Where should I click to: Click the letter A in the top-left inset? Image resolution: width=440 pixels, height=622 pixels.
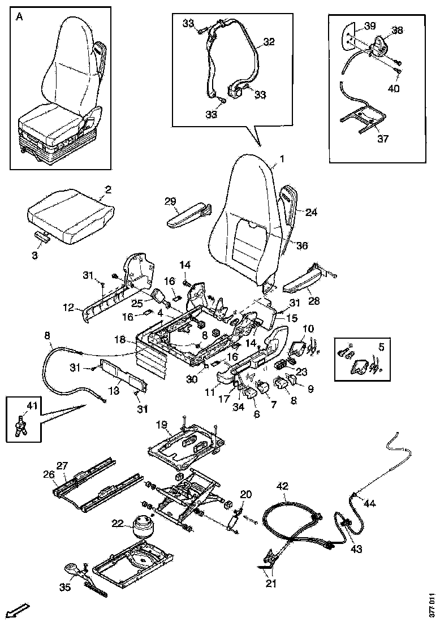[x=20, y=17]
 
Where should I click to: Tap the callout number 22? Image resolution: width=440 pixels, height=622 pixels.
[x=118, y=524]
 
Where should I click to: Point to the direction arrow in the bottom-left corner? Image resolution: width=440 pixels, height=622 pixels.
[x=19, y=610]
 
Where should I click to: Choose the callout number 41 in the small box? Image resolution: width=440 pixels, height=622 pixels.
[x=31, y=405]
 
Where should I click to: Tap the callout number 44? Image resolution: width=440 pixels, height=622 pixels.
[x=369, y=503]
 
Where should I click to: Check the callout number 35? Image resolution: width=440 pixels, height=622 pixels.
[x=65, y=587]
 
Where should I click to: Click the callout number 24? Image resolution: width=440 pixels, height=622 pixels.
[x=311, y=213]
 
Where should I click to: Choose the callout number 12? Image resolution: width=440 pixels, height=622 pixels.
[x=68, y=308]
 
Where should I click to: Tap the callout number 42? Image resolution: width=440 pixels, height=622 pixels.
[x=282, y=485]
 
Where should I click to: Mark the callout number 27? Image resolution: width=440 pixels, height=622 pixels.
[x=62, y=465]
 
